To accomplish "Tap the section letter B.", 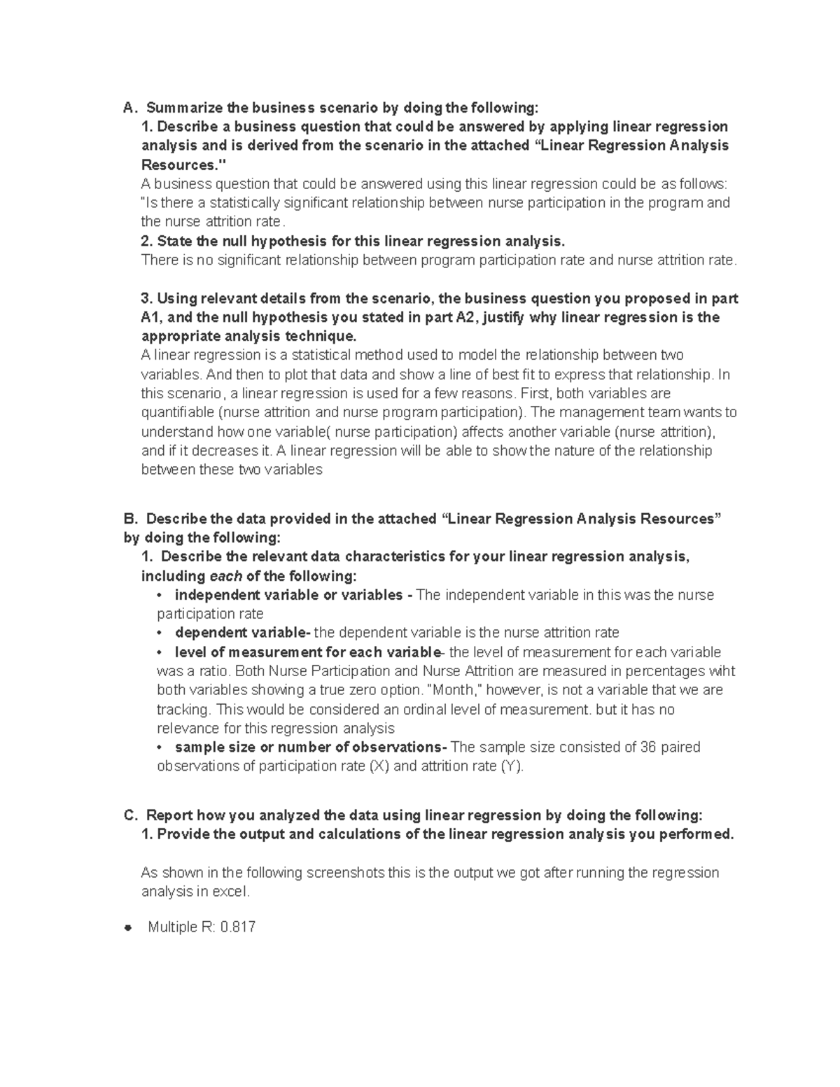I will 128,519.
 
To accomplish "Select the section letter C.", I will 129,815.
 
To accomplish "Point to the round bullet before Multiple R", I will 127,928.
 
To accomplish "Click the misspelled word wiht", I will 722,671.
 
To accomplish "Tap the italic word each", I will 225,577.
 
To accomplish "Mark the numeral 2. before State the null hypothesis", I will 147,241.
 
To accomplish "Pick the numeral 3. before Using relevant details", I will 147,299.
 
